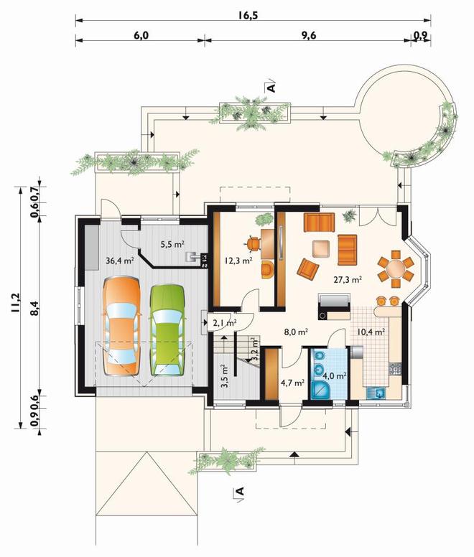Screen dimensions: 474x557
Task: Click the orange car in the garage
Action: (121, 326)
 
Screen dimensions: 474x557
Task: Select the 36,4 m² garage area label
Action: (120, 261)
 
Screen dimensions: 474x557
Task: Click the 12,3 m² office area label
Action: (238, 261)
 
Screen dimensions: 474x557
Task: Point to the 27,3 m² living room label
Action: (348, 279)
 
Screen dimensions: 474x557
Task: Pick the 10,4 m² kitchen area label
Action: (371, 332)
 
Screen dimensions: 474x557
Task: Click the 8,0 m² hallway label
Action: (296, 332)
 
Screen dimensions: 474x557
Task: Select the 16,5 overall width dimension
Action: (248, 16)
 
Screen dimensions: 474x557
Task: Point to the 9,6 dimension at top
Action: (309, 35)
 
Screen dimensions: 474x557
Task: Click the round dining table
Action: (396, 269)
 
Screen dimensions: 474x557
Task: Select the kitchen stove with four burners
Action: (396, 369)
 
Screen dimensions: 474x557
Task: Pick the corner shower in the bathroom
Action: (321, 390)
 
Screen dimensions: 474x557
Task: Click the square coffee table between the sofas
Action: (321, 249)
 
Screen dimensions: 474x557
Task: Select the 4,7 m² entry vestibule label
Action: (293, 383)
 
